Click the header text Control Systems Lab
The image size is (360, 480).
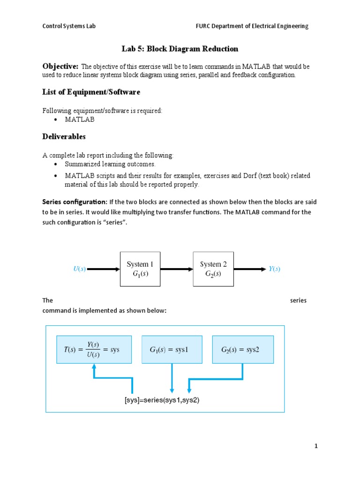pos(69,26)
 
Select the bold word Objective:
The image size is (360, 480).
pos(60,67)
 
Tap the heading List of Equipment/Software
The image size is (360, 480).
pos(91,92)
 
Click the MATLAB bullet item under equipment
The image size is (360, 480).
pos(80,120)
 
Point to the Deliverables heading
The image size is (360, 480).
pos(64,137)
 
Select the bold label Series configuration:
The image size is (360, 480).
pos(75,202)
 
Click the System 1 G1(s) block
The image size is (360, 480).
pos(141,269)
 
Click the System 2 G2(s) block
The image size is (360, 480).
pos(214,269)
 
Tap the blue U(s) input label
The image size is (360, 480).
pos(79,269)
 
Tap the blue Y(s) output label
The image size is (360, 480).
pos(274,269)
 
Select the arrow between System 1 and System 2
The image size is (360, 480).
pos(177,269)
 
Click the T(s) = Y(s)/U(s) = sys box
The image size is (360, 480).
pos(94,350)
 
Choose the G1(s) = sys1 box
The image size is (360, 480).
pos(172,350)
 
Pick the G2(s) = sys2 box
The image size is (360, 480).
pos(242,350)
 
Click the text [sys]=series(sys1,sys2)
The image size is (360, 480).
pos(162,401)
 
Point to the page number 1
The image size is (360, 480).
pos(316,446)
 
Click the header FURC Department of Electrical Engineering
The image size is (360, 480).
pos(252,26)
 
